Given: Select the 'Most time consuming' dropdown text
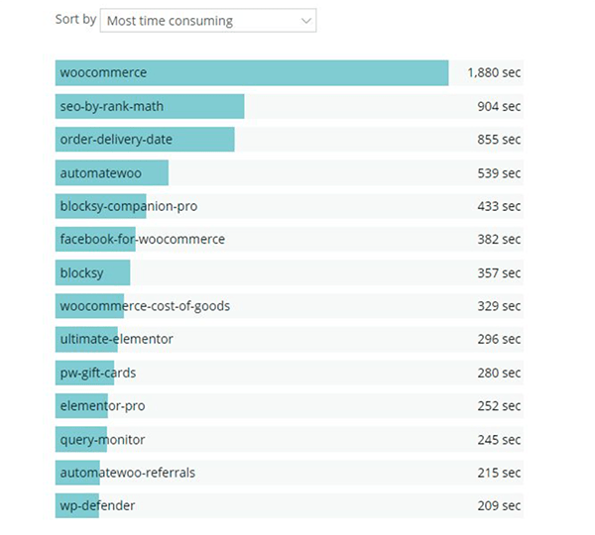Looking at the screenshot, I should pyautogui.click(x=170, y=20).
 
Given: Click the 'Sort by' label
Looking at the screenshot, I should pyautogui.click(x=75, y=19).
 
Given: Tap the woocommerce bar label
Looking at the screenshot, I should pyautogui.click(x=103, y=72).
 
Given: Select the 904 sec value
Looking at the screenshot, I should pyautogui.click(x=498, y=107).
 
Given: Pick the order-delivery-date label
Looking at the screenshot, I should pyautogui.click(x=116, y=140).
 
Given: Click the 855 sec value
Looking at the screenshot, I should pyautogui.click(x=498, y=140).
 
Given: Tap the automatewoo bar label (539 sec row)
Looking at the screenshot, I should pyautogui.click(x=100, y=173).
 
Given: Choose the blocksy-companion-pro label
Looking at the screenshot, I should pyautogui.click(x=130, y=206).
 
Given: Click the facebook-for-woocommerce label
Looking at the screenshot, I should pyautogui.click(x=142, y=240).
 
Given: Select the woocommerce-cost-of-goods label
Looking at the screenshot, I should pyautogui.click(x=145, y=306).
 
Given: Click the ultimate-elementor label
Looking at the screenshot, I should pyautogui.click(x=116, y=339).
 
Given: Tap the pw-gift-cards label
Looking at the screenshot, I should pyautogui.click(x=98, y=373).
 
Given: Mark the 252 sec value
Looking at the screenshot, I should pyautogui.click(x=498, y=406).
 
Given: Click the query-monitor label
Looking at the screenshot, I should pyautogui.click(x=103, y=439).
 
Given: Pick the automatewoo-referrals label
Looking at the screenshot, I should pyautogui.click(x=127, y=473).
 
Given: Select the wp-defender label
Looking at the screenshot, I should pyautogui.click(x=97, y=506).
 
